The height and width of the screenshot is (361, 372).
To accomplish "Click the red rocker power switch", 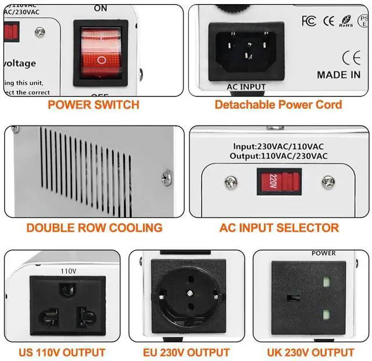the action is pos(101,52).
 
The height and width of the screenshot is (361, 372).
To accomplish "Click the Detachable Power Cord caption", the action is pos(278,105).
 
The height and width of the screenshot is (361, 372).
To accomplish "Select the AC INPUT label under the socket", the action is pos(245,87).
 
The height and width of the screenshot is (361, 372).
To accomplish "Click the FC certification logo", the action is pos(309,21).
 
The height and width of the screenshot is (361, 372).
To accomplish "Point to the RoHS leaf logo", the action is pos(346,22).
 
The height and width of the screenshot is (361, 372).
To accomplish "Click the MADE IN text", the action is pos(338,74).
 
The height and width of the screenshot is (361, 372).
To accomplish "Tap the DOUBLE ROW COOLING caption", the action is pos(94,228).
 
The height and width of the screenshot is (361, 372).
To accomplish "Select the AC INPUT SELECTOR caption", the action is pos(279,228).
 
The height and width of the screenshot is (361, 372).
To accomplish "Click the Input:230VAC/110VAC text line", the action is pos(280,146).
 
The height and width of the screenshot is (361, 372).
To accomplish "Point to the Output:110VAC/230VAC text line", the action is pos(280,156).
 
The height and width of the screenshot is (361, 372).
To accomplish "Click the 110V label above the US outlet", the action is pos(69,271).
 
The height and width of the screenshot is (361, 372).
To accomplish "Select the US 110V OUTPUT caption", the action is pos(63,352).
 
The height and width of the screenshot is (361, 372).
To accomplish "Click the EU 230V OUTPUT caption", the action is pos(186,352).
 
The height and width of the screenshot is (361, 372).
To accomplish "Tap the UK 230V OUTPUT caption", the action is pos(310,352).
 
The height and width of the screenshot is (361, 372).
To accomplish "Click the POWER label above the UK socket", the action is pos(324,253).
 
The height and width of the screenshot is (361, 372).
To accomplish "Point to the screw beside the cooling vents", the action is pos(167,174).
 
